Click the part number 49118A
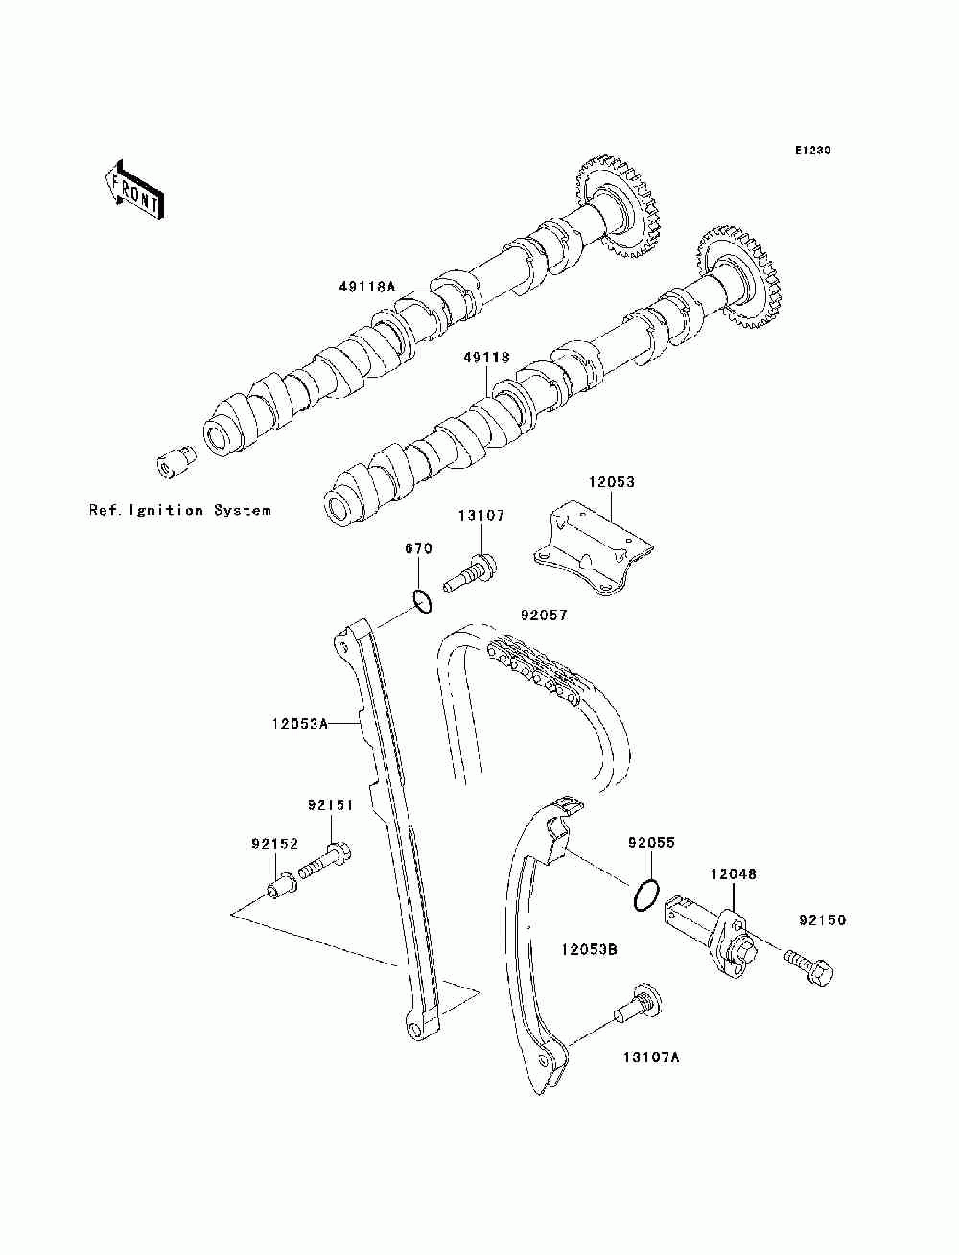click(x=366, y=287)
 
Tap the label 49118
click(x=486, y=358)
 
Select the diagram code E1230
click(x=812, y=151)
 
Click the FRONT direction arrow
click(x=135, y=190)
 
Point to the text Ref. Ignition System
click(x=179, y=510)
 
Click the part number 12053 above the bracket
click(x=611, y=482)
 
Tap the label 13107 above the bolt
click(x=480, y=516)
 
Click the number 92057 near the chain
click(x=544, y=616)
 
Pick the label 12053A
click(x=299, y=724)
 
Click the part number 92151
click(x=331, y=805)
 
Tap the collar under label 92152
click(x=282, y=889)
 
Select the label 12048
click(x=733, y=874)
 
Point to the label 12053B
click(x=589, y=950)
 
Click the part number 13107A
click(x=651, y=1057)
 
